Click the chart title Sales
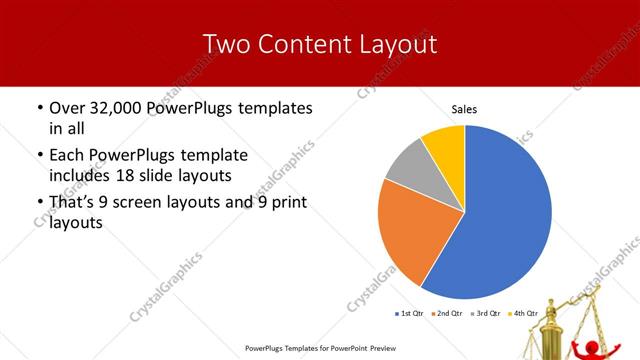coord(464,108)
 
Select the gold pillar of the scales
coord(549,325)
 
